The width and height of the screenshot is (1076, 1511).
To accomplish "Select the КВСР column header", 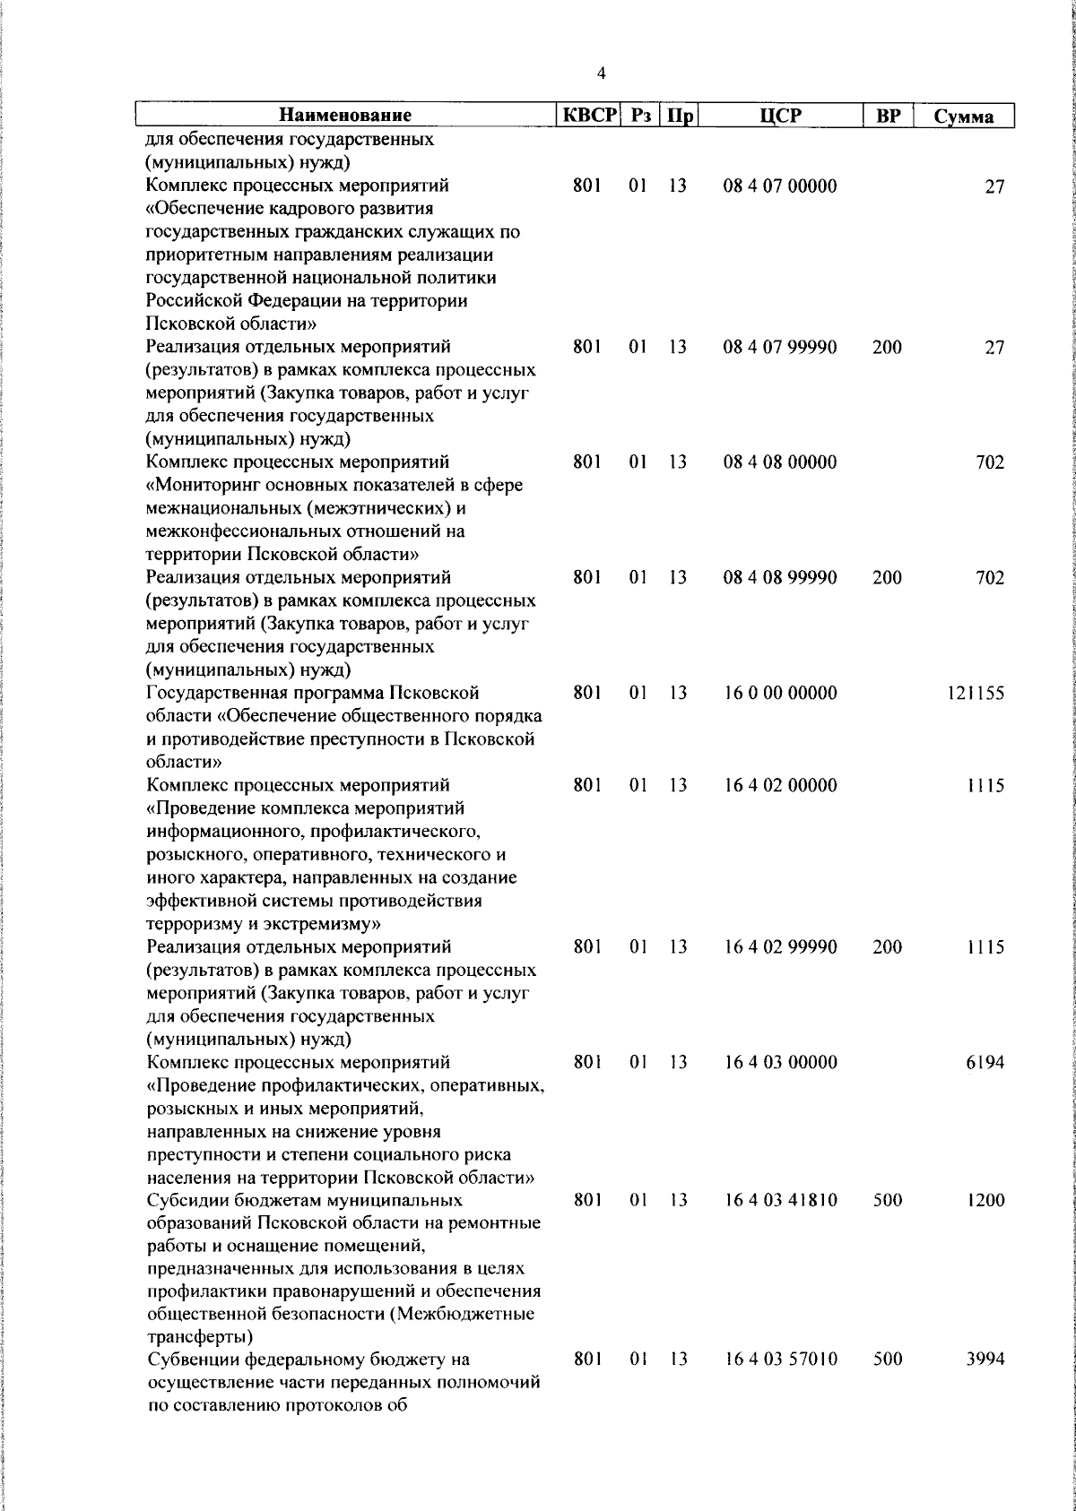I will click(589, 116).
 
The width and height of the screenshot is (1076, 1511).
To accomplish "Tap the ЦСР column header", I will click(780, 116).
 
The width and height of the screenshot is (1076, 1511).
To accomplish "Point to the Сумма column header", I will click(963, 117).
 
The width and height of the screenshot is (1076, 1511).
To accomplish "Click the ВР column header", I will click(887, 116).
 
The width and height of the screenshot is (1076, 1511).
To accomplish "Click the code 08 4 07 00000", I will click(780, 186).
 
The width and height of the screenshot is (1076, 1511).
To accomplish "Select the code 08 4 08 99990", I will click(780, 578).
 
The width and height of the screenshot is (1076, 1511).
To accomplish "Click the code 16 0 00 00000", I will click(780, 693).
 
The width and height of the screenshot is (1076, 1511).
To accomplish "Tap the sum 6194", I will click(985, 1062).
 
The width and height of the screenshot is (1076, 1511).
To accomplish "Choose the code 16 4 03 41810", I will click(780, 1200).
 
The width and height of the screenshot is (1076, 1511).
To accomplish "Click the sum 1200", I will click(985, 1200).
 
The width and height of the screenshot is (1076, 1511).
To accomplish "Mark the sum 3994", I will click(985, 1385).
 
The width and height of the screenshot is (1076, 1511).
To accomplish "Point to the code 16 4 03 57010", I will click(780, 1385).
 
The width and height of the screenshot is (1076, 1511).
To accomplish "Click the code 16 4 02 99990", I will click(780, 947).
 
